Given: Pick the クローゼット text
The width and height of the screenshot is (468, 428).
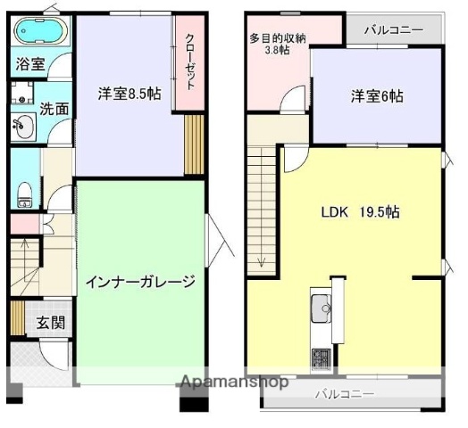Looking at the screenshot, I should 191,61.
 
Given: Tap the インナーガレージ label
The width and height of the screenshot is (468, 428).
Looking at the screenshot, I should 140,283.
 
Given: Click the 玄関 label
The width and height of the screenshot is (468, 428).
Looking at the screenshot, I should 50,323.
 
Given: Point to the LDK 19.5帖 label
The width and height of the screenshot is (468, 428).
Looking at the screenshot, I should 360,212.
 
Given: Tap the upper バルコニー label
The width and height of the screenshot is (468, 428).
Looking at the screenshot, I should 393,29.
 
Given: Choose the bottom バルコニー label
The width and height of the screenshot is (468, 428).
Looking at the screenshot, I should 346,393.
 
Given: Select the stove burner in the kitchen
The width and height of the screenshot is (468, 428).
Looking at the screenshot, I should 320,358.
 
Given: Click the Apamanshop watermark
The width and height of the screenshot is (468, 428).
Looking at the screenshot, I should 233,383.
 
